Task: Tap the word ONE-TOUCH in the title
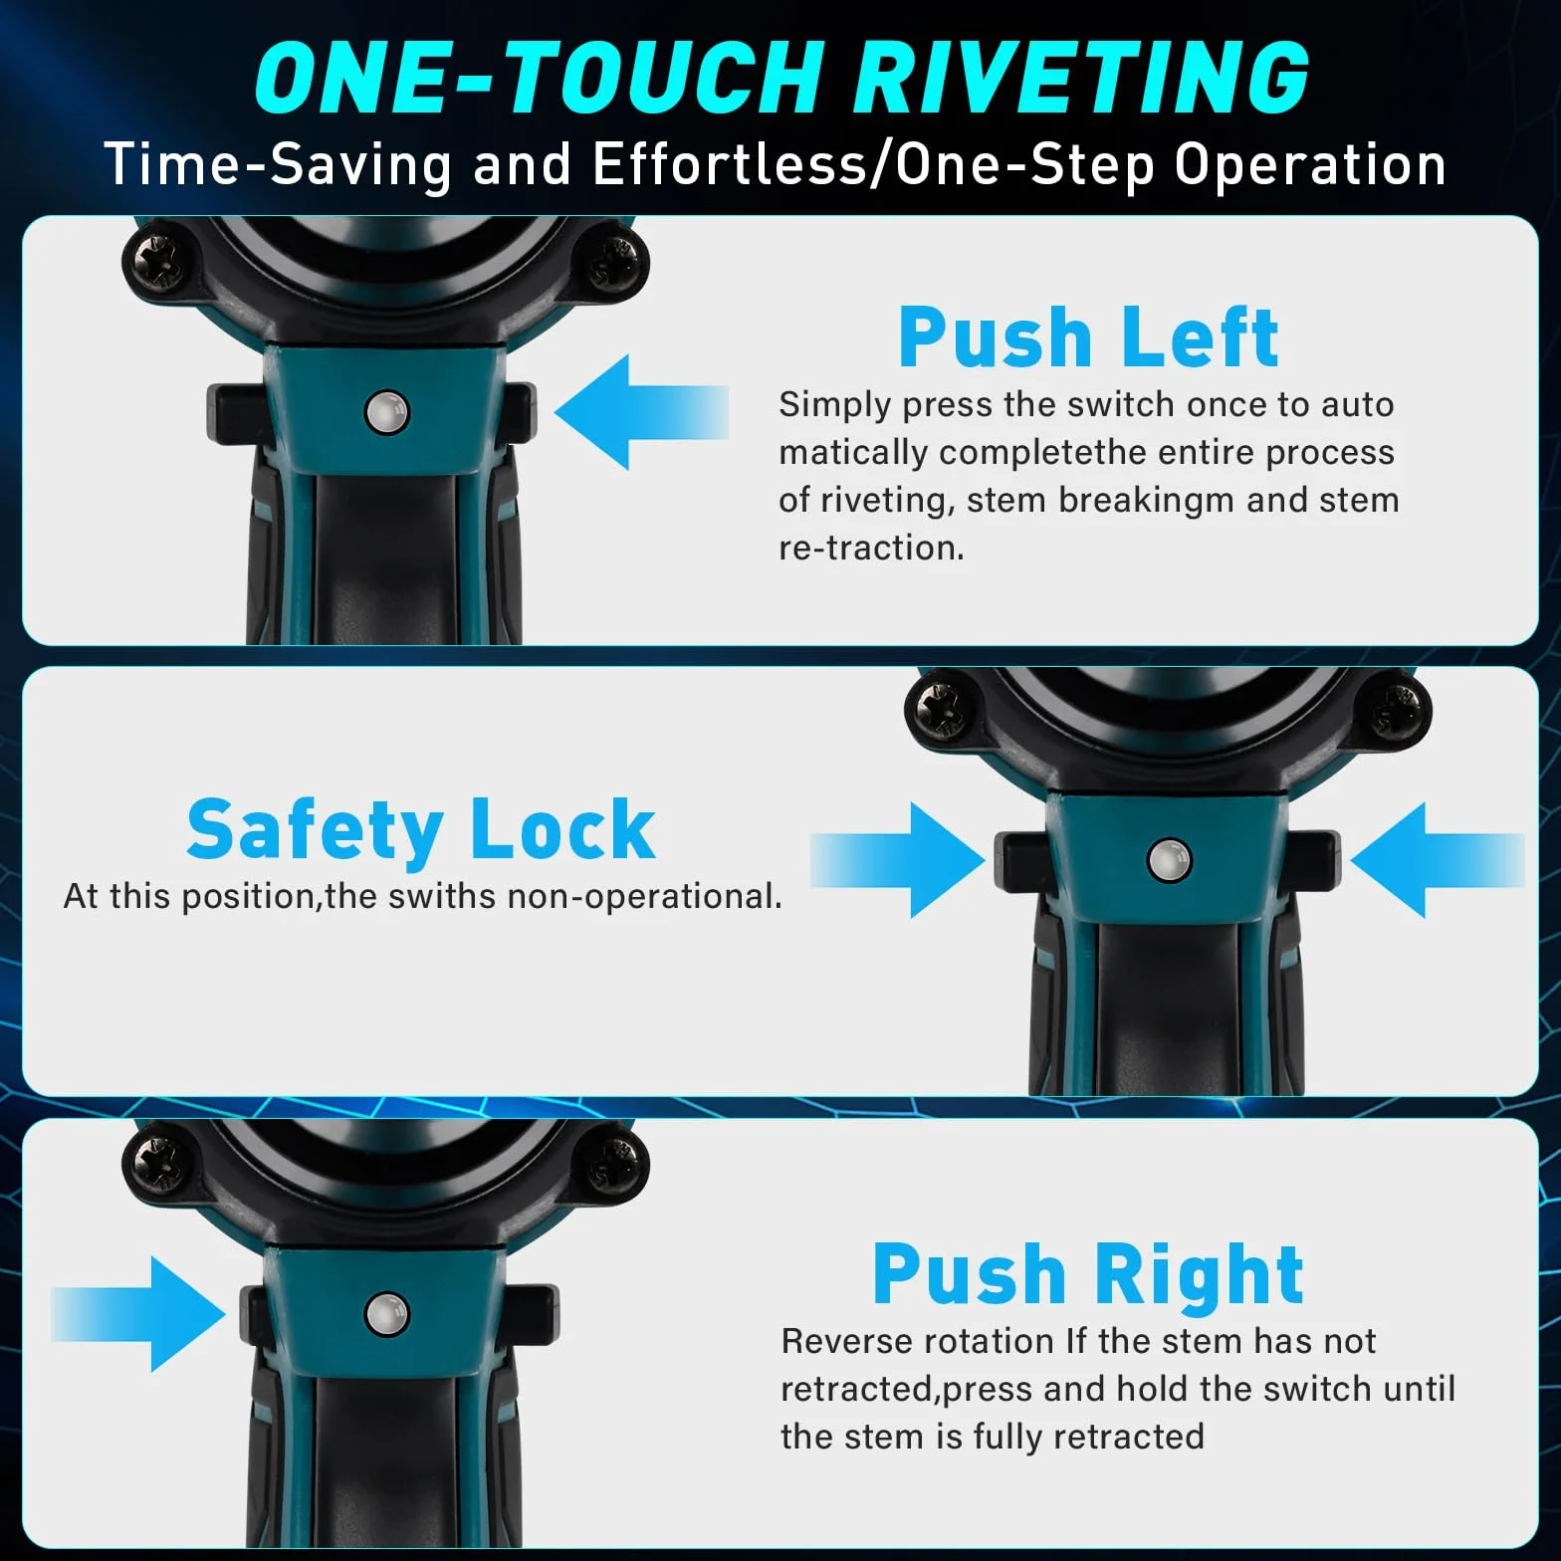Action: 539,78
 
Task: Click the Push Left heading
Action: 1088,336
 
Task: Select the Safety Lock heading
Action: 421,829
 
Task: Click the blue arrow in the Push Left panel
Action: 641,411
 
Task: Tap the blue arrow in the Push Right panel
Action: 138,1314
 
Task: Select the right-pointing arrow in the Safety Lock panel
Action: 898,860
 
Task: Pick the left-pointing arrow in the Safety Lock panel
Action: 1438,860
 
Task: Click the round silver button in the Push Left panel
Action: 387,412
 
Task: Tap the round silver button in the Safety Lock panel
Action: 1170,860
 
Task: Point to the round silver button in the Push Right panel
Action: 387,1314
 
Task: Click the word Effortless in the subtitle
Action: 730,164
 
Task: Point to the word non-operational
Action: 645,897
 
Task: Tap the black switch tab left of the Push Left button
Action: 236,411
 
